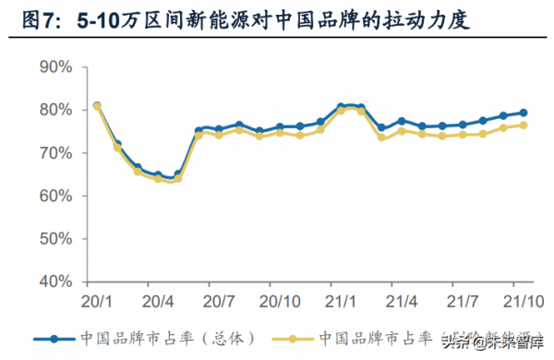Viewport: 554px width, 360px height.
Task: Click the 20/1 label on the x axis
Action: point(97,301)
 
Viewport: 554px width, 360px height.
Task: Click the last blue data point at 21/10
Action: point(524,113)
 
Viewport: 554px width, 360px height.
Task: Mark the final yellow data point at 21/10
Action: point(524,126)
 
